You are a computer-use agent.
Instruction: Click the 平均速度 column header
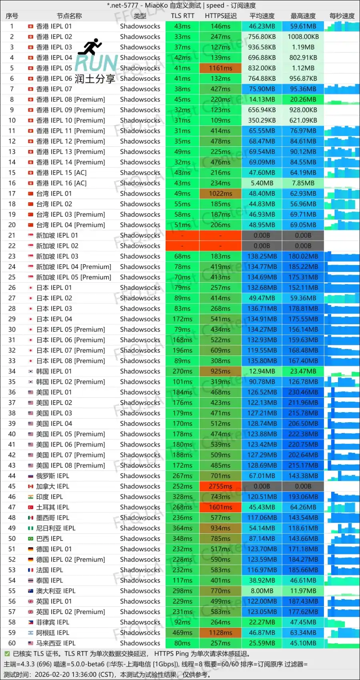(262, 16)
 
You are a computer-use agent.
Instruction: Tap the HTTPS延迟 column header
(221, 16)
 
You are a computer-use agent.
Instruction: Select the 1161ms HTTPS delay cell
(220, 68)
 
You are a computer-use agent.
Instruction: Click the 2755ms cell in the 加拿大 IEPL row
(220, 486)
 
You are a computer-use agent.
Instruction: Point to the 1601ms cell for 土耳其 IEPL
(220, 507)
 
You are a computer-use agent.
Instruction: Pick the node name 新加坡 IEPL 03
(57, 256)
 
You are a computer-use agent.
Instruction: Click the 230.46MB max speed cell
(303, 392)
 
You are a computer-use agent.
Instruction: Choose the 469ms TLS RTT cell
(182, 632)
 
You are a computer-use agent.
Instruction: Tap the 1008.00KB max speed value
(303, 37)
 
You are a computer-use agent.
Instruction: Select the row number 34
(12, 371)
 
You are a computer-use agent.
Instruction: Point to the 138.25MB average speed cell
(262, 256)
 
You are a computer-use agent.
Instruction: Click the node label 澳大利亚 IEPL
(56, 591)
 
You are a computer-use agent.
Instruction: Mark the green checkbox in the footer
(7, 654)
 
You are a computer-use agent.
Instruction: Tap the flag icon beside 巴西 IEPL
(31, 538)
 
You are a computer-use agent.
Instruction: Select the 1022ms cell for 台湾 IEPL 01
(220, 193)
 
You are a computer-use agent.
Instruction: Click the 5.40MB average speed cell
(262, 183)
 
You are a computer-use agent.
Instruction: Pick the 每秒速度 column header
(342, 16)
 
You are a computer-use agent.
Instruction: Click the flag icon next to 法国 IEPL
(31, 570)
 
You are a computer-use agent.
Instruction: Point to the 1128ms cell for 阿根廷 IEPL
(220, 632)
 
